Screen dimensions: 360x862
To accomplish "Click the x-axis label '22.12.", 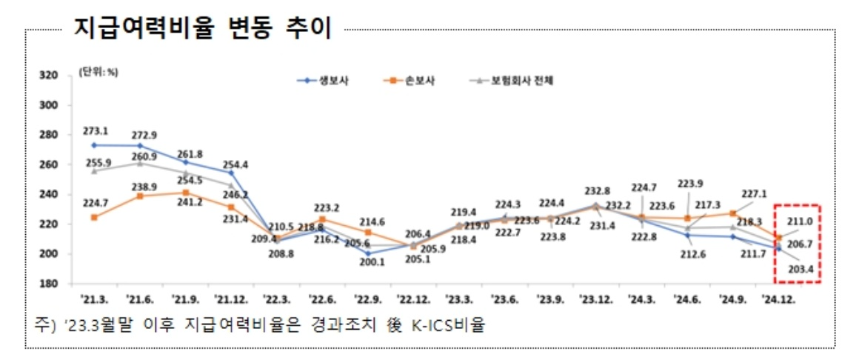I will pos(412,299).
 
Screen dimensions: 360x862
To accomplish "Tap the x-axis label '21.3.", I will pos(94,299).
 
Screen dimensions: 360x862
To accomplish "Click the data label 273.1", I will pos(94,132).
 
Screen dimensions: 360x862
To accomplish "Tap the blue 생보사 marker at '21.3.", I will pos(94,145).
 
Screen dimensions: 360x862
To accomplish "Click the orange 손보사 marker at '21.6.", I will pos(140,196).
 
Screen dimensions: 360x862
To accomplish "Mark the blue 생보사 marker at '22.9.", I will pos(368,253).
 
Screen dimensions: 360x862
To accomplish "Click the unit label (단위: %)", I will pos(98,72).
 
